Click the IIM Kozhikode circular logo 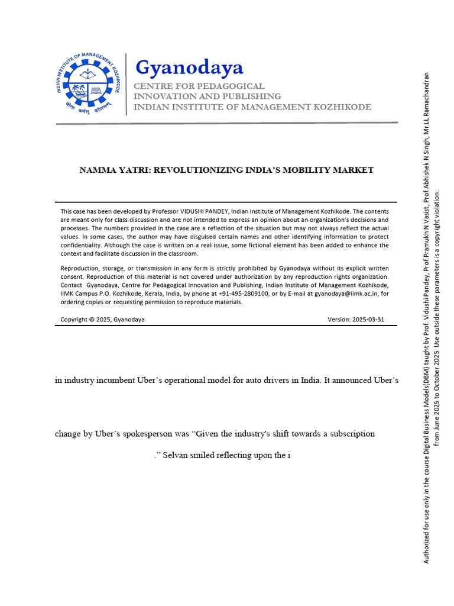click(x=90, y=84)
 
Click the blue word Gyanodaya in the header click(x=189, y=68)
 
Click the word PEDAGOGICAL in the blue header click(x=232, y=86)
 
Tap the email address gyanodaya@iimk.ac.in click(x=340, y=294)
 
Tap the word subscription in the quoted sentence click(x=350, y=434)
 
